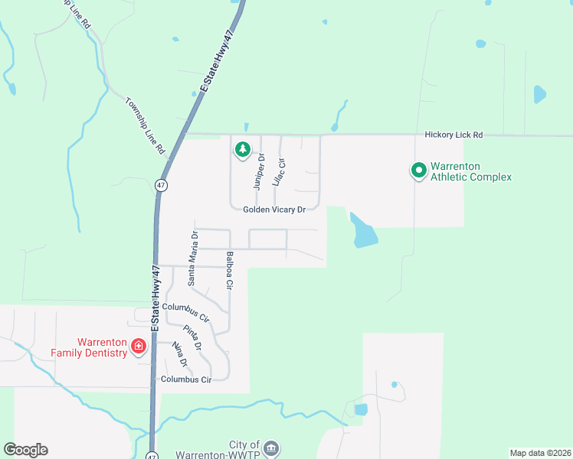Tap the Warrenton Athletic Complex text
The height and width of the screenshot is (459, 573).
pos(470,171)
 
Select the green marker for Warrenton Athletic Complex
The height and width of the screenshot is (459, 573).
pos(418,171)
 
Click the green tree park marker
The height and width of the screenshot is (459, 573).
pos(243,149)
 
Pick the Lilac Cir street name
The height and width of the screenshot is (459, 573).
pos(280,173)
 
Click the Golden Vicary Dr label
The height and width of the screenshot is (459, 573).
pos(274,210)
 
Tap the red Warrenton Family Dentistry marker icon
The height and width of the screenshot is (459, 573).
pos(139,347)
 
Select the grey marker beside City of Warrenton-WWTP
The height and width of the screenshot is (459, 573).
pos(272,448)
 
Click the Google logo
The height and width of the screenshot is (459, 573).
pos(25,450)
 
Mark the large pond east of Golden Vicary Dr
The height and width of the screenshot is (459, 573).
pos(362,231)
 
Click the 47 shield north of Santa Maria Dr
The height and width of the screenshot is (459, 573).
pos(160,185)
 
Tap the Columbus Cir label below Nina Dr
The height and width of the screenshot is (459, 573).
pos(185,379)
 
